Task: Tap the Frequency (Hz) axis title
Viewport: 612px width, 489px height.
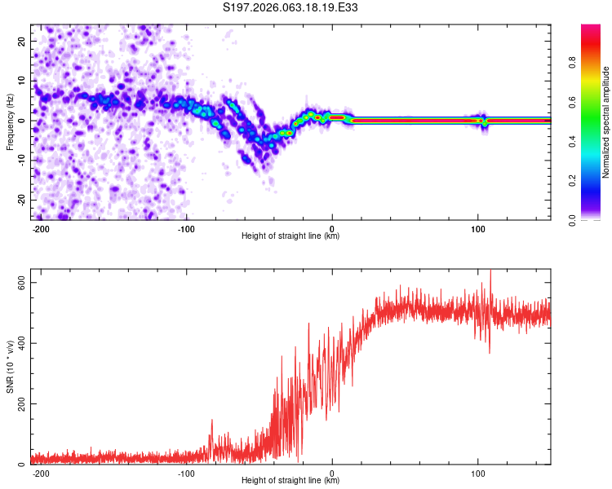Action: click(10, 121)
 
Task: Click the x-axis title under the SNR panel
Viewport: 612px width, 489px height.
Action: click(290, 482)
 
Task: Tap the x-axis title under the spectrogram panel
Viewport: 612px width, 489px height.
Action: click(290, 237)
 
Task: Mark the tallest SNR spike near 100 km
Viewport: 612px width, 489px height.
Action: click(490, 272)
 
